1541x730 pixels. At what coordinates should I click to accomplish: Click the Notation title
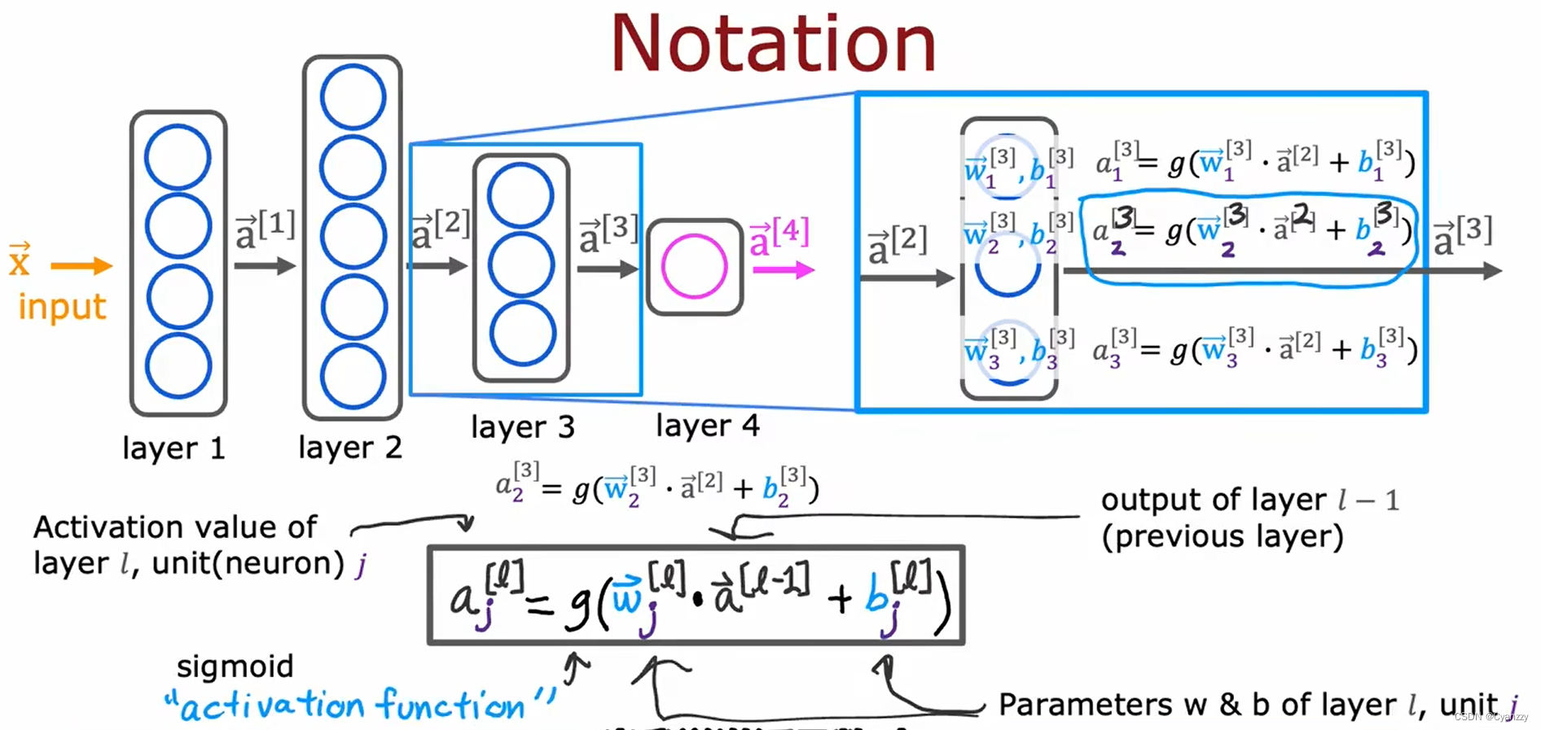point(773,45)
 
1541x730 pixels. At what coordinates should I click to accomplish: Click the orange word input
point(62,307)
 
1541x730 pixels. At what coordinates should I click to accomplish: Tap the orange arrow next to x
point(81,265)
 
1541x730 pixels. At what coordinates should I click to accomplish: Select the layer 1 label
point(173,448)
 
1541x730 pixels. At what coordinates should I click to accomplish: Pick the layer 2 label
point(350,447)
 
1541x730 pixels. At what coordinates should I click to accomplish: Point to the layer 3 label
point(522,426)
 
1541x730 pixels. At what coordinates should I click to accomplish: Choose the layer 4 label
point(707,425)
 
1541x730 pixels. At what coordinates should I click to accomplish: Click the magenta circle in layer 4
point(694,266)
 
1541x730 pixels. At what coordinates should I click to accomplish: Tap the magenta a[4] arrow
point(783,270)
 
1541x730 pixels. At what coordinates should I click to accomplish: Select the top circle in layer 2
point(353,97)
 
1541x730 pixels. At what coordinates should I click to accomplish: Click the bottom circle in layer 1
point(178,365)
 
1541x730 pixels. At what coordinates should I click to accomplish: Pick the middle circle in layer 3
point(521,265)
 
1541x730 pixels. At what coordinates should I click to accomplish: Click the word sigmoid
point(235,666)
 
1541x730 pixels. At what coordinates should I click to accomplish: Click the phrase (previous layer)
point(1222,536)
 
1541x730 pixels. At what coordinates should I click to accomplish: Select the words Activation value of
point(175,527)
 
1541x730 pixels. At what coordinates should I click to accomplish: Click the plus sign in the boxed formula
point(839,600)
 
